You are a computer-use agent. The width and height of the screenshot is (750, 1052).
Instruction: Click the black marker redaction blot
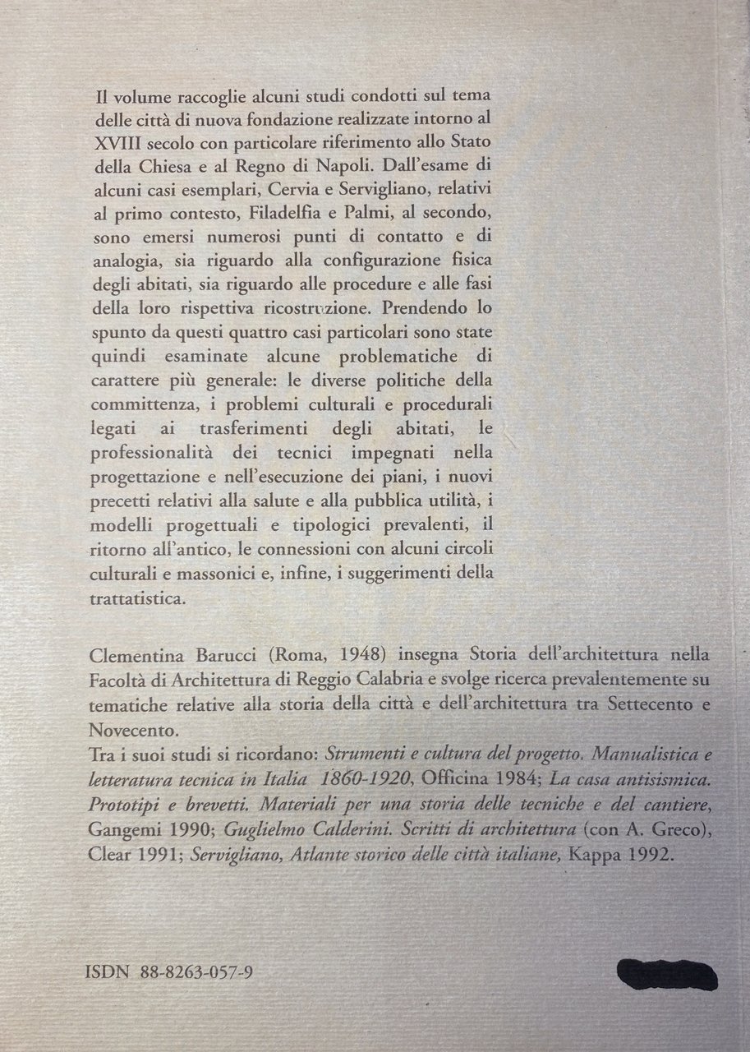pos(667,976)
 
